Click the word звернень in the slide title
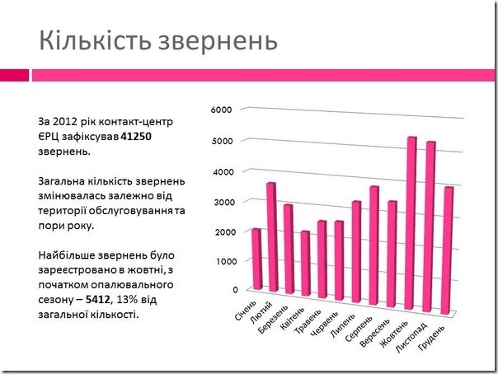[x=218, y=40]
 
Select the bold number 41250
[x=138, y=137]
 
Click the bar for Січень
[x=257, y=259]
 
